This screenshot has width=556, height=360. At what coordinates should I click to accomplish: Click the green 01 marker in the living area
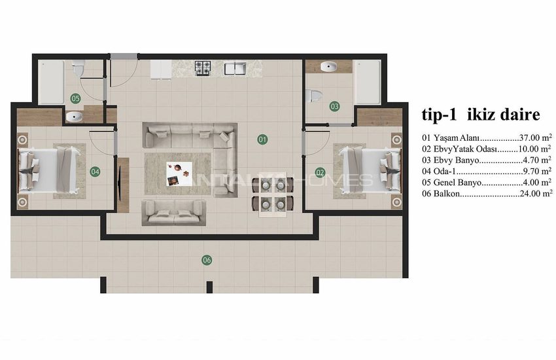(262, 139)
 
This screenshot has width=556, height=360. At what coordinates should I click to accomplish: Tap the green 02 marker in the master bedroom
(320, 173)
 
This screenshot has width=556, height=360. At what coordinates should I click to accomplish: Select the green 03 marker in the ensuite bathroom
(334, 106)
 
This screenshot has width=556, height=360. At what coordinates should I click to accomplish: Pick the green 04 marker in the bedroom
(95, 172)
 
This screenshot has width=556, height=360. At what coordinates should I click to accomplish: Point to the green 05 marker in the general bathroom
(75, 98)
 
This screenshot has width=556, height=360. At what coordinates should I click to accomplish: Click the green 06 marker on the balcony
(207, 260)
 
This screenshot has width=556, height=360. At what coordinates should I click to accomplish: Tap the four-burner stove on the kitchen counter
(203, 67)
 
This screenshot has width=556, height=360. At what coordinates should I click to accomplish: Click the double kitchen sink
(235, 68)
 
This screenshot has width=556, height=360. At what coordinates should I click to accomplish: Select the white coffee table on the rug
(179, 174)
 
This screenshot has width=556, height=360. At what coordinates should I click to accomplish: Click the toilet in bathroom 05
(78, 68)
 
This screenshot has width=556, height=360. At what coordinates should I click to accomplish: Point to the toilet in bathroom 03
(314, 96)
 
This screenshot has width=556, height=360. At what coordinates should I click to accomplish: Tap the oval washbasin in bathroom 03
(329, 66)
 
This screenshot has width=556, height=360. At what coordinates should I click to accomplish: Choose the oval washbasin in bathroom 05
(74, 117)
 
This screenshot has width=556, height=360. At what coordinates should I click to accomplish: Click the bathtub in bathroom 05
(51, 82)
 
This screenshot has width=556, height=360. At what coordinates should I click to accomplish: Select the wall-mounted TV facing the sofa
(120, 185)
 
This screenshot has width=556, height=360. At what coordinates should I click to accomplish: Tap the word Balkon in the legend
(447, 194)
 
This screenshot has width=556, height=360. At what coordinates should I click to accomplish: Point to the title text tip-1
(439, 115)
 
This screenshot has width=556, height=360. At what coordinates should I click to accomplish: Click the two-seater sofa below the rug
(174, 212)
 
